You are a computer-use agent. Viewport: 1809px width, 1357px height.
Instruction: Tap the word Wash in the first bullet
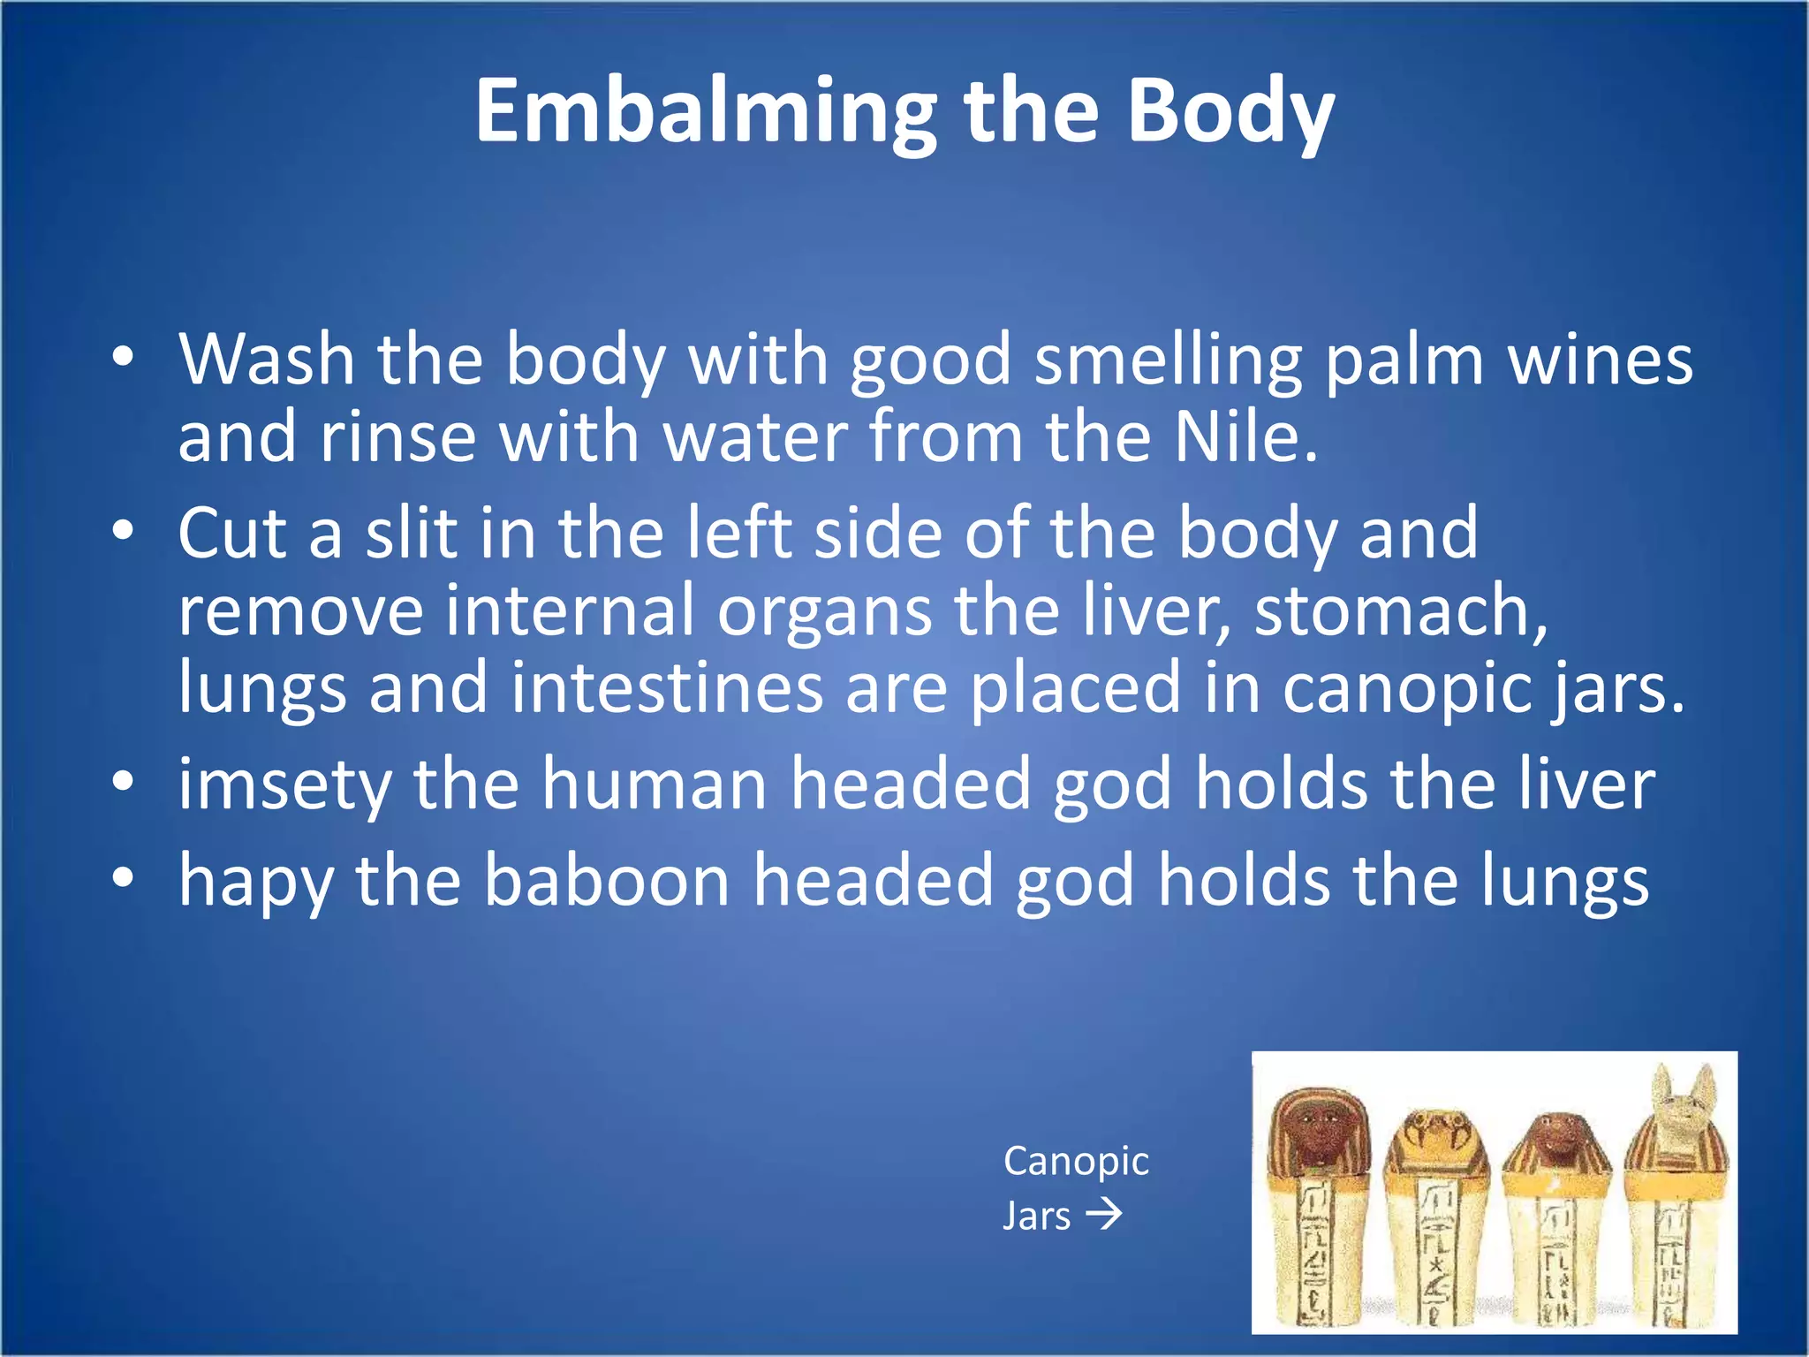click(266, 360)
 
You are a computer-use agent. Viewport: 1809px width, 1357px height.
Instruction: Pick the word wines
click(1600, 360)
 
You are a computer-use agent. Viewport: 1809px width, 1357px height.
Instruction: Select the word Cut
click(232, 533)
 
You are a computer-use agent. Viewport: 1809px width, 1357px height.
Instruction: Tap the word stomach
click(1400, 610)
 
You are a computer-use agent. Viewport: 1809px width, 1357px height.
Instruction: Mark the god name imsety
click(284, 785)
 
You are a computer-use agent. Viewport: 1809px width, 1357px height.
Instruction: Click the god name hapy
click(255, 881)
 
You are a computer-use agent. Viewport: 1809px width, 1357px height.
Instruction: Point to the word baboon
click(607, 881)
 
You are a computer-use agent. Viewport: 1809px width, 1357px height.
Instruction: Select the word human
click(654, 785)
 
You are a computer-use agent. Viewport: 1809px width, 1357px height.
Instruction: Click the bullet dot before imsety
click(124, 781)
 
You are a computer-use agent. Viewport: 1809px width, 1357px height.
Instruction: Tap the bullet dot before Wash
click(124, 357)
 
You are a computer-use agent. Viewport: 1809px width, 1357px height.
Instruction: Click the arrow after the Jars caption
click(1104, 1215)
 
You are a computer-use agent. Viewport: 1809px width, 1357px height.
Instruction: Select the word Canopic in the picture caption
click(1076, 1161)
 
